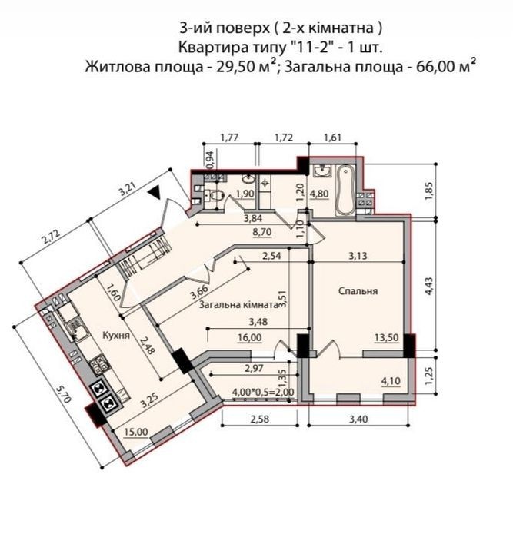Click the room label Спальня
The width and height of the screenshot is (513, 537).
(358, 291)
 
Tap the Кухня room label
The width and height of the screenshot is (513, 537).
(116, 335)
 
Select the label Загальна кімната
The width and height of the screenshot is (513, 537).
(238, 304)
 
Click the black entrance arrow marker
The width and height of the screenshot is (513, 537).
(155, 192)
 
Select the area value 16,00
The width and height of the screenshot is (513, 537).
(250, 338)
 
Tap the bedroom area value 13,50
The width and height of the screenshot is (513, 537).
(386, 338)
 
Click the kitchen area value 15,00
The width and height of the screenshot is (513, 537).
(136, 432)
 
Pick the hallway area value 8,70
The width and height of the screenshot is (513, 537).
(262, 232)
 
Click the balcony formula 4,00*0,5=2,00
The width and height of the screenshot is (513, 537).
(263, 392)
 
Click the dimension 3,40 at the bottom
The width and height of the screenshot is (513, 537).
(358, 419)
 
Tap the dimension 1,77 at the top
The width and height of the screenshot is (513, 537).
(229, 138)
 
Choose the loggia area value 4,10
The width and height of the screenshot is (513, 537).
(391, 381)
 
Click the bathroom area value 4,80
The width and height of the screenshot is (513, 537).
(319, 194)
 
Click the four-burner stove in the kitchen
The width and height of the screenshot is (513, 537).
(99, 364)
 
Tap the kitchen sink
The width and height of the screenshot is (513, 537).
(77, 330)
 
